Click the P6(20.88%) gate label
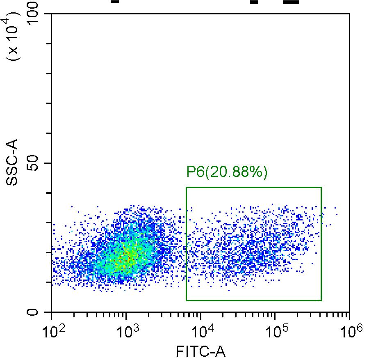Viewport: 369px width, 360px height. [x=227, y=172]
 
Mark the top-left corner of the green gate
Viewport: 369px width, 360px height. [x=186, y=188]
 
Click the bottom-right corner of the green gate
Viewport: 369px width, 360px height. [x=321, y=300]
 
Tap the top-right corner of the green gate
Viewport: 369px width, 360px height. [x=321, y=188]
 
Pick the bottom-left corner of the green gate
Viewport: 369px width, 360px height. [x=186, y=300]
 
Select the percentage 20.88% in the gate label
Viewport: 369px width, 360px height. [x=236, y=172]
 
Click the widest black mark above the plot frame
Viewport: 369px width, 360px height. [x=291, y=2]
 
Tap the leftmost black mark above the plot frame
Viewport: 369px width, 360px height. [x=115, y=1]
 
